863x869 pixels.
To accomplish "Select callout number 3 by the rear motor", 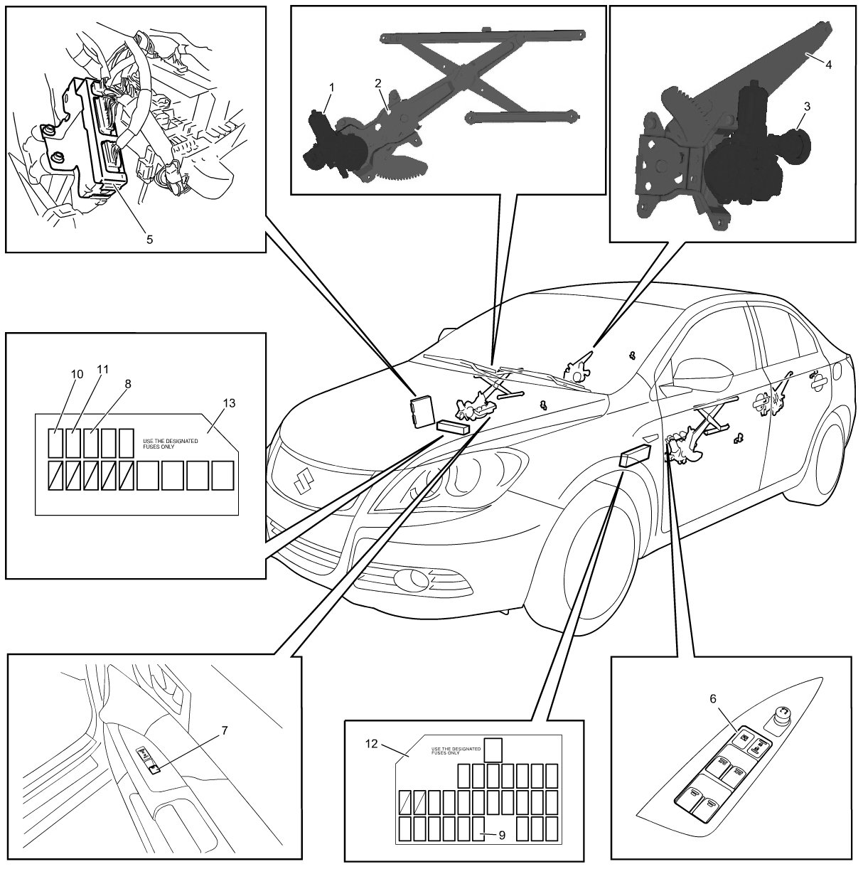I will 806,105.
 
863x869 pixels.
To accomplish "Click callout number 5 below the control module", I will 149,239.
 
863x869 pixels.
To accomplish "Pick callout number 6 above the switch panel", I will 713,699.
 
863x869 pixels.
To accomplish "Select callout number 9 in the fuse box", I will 502,836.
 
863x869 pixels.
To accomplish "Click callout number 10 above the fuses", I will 77,374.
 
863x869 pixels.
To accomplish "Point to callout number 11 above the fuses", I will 103,370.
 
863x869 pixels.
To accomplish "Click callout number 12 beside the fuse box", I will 370,743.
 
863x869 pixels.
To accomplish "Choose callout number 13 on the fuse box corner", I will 228,402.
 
